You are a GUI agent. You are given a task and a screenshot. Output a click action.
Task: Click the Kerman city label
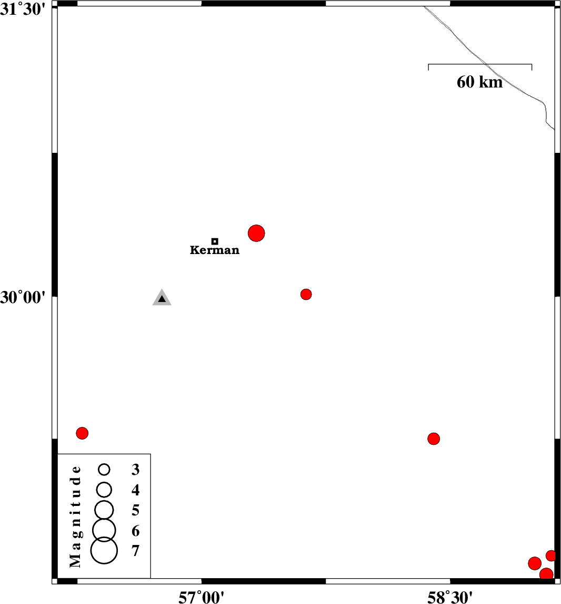215,250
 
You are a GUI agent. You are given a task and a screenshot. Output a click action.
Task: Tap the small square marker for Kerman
215,241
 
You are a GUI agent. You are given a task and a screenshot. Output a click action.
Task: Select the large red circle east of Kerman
256,233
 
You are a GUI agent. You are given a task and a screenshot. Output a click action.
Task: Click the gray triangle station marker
162,298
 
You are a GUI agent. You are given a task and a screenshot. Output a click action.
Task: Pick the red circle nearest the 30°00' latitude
306,294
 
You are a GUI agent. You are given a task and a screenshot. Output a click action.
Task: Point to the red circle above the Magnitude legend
82,433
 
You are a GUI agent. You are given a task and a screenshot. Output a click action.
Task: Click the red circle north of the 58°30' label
434,439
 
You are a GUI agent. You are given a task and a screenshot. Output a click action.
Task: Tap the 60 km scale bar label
479,82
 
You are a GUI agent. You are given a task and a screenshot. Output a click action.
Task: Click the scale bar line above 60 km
480,64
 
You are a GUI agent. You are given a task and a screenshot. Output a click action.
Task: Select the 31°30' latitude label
23,9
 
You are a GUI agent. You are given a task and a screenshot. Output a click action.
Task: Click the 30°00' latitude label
23,297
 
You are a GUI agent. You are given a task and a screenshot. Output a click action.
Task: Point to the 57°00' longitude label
201,597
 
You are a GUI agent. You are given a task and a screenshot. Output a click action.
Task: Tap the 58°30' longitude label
450,597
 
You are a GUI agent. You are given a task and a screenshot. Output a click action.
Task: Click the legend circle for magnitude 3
104,469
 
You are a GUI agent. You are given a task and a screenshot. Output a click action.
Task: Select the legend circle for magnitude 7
104,550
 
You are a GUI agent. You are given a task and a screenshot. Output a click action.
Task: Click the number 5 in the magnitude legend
135,510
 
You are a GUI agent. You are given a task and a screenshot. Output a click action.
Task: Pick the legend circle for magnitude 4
104,490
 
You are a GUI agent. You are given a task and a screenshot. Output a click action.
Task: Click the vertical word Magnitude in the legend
76,516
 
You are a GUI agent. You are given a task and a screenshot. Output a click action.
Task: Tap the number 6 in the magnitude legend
135,531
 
